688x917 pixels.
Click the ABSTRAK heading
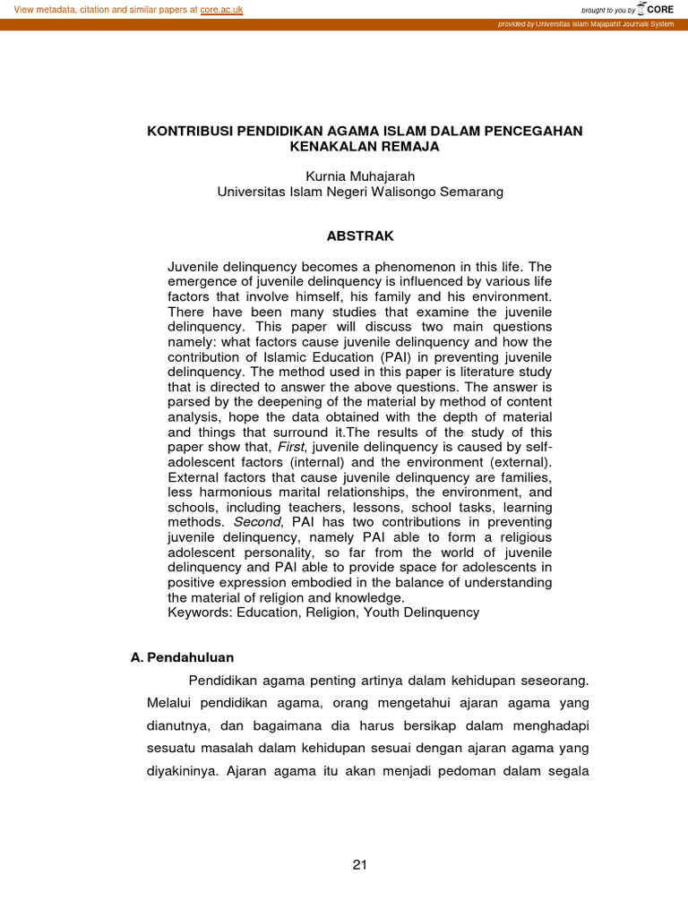(x=359, y=236)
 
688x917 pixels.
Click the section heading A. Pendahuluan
(x=182, y=657)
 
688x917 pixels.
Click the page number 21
(x=360, y=864)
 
